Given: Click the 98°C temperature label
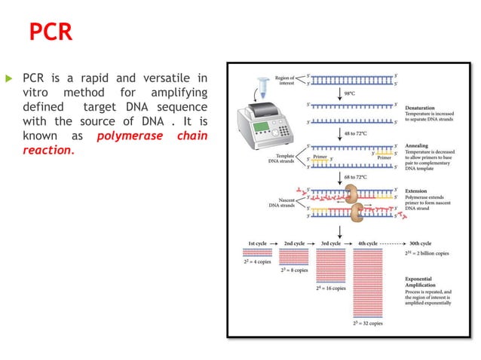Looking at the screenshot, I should tap(351, 93).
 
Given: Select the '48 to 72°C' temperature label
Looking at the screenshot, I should tap(355, 133).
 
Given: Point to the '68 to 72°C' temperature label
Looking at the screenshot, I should tap(355, 177).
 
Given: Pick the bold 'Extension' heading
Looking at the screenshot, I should tap(418, 191).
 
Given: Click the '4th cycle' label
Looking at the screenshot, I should tap(366, 243).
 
